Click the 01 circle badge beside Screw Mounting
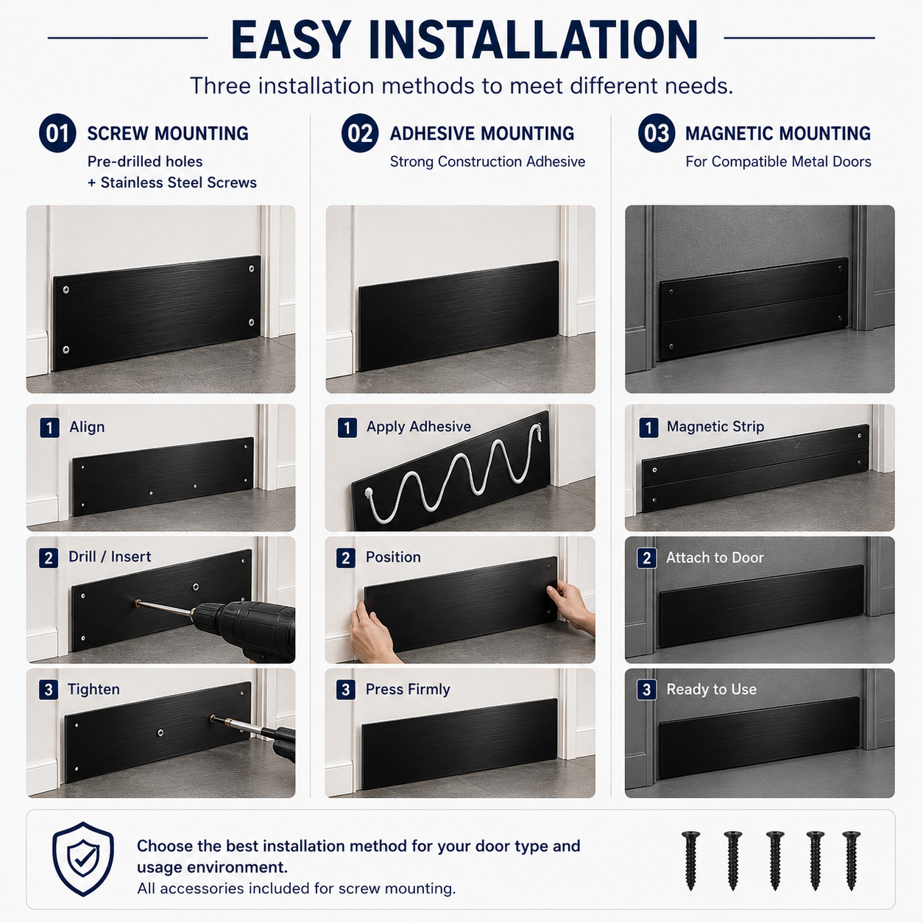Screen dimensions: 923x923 pyautogui.click(x=57, y=133)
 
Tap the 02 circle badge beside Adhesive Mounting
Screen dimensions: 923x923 pyautogui.click(x=360, y=133)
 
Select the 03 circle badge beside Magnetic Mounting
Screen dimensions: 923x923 pyautogui.click(x=657, y=133)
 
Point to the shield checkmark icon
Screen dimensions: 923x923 pyautogui.click(x=83, y=859)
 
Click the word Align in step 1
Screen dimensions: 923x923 pyautogui.click(x=87, y=427)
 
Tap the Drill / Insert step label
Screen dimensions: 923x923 pyautogui.click(x=109, y=556)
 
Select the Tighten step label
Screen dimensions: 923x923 pyautogui.click(x=93, y=689)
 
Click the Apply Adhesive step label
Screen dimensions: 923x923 pyautogui.click(x=419, y=427)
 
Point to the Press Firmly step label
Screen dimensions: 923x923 pyautogui.click(x=408, y=689)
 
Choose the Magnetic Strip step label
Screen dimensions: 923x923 pyautogui.click(x=715, y=427)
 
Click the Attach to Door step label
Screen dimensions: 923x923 pyautogui.click(x=715, y=557)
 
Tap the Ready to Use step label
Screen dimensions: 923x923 pyautogui.click(x=711, y=689)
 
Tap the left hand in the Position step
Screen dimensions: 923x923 pyautogui.click(x=371, y=633)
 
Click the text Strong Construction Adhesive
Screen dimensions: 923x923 pyautogui.click(x=487, y=162)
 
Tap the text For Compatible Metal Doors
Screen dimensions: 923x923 pyautogui.click(x=778, y=162)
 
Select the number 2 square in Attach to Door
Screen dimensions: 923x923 pyautogui.click(x=647, y=558)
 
